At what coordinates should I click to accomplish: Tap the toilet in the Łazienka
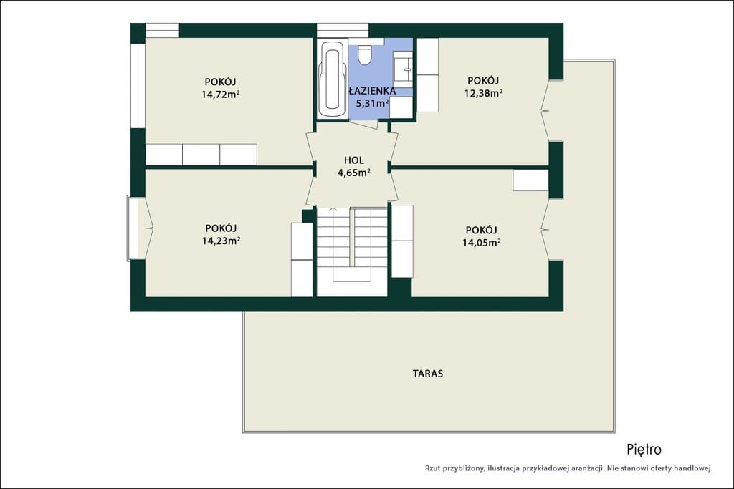tap(363, 54)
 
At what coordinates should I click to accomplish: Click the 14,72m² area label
tap(221, 94)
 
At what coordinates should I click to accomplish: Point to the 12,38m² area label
tap(483, 92)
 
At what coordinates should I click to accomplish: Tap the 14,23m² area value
tap(221, 241)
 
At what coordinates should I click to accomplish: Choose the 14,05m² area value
tap(482, 242)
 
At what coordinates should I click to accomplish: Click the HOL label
tap(354, 160)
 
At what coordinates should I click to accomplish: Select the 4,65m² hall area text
tap(354, 173)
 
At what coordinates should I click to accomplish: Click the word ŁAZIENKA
tap(372, 91)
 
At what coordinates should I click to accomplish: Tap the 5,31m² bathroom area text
tap(373, 103)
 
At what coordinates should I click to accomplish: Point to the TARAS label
tap(428, 374)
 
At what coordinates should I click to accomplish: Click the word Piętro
tap(644, 449)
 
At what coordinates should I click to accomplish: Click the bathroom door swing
tap(364, 125)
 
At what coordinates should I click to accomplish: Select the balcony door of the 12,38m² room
tap(545, 111)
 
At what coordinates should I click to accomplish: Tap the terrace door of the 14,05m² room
tap(545, 230)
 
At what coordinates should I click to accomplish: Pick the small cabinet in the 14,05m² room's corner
tap(530, 180)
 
